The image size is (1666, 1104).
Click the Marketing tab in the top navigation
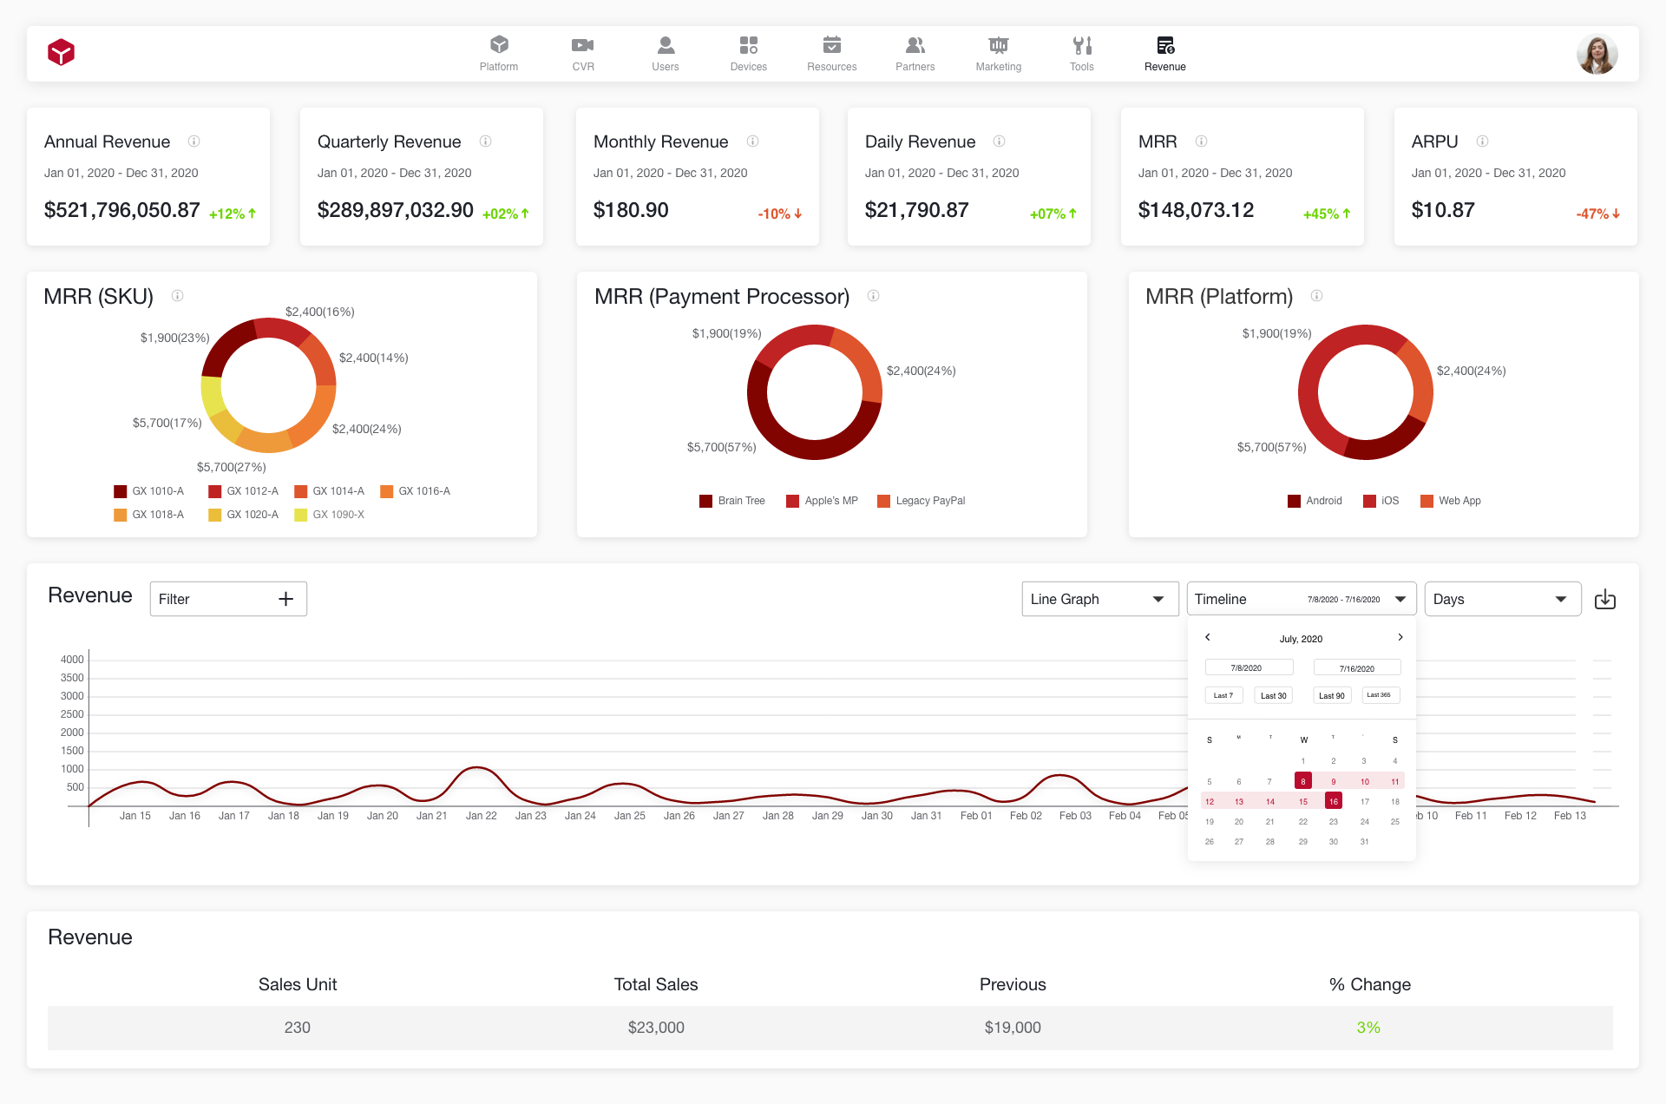(x=998, y=53)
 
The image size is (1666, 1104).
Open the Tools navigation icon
(x=1081, y=53)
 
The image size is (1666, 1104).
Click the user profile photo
(x=1597, y=54)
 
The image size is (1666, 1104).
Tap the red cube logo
(x=61, y=53)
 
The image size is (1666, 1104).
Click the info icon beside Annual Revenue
(x=194, y=141)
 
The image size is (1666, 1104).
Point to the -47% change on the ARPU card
(x=1597, y=214)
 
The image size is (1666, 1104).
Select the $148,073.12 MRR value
(x=1196, y=210)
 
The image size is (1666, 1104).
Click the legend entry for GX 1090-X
(x=330, y=515)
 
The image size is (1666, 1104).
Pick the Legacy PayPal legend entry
(x=922, y=501)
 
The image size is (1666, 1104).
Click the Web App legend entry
(x=1451, y=501)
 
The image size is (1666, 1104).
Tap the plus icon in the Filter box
(x=285, y=599)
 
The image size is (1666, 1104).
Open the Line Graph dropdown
(x=1099, y=599)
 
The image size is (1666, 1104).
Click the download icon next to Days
(x=1605, y=599)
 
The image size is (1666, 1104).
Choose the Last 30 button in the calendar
(x=1273, y=695)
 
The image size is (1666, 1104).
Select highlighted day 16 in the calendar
(x=1334, y=801)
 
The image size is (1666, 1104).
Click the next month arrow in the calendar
(x=1400, y=637)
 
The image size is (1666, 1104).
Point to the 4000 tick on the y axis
(x=72, y=660)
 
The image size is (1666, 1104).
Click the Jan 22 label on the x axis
(x=481, y=816)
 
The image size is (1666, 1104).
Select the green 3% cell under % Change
(x=1368, y=1028)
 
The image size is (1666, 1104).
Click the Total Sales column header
(x=656, y=984)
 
